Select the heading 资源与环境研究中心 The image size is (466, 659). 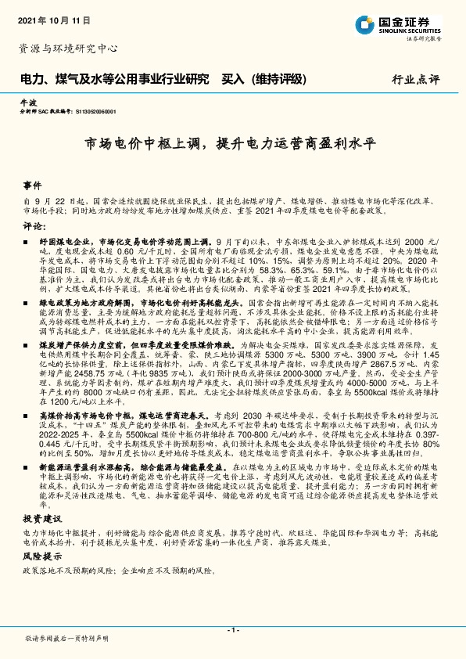[68, 48]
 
